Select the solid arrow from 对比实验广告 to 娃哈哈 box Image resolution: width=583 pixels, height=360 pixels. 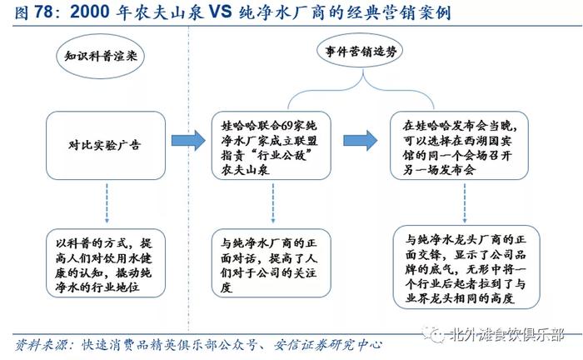click(188, 141)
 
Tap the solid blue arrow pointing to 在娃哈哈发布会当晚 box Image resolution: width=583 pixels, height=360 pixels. click(361, 141)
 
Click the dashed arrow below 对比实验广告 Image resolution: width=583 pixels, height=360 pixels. click(107, 203)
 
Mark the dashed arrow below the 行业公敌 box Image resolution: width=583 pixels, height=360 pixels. click(273, 203)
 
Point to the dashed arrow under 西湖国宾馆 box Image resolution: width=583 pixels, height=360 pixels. click(465, 203)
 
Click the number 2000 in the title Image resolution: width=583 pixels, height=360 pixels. click(89, 12)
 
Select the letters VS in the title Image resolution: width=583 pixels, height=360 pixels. click(220, 12)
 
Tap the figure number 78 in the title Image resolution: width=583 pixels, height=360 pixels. click(43, 12)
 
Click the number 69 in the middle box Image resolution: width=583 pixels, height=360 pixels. click(287, 126)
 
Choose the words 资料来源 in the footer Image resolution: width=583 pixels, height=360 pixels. click(41, 345)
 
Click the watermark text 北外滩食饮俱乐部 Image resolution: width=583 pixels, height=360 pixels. click(506, 336)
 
